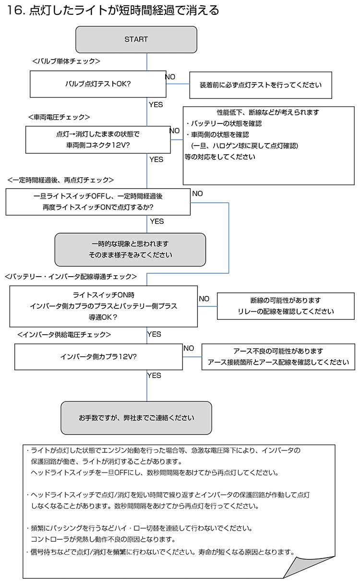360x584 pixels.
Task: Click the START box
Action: point(136,40)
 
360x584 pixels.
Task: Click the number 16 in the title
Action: point(14,11)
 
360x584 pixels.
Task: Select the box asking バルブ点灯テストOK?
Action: point(98,84)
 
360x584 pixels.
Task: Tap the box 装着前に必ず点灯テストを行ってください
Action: point(261,85)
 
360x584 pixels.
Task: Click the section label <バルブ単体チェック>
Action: point(66,61)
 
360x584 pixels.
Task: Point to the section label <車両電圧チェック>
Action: point(59,117)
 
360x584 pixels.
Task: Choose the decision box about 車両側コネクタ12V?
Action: point(98,140)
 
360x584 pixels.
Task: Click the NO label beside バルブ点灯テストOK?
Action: point(170,77)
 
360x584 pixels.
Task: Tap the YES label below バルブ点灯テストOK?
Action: point(156,105)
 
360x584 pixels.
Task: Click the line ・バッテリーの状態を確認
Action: point(224,123)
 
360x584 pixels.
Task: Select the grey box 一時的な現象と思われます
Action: point(130,250)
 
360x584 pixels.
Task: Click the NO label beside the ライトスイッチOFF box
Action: point(197,194)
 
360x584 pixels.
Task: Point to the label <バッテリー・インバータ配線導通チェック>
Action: point(71,277)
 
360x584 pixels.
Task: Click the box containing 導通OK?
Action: point(103,306)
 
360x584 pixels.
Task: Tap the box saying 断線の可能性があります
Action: point(286,306)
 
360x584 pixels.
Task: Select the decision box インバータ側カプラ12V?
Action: point(98,357)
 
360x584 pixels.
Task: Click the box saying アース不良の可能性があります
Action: point(278,357)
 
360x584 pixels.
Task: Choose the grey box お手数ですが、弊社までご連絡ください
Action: point(136,418)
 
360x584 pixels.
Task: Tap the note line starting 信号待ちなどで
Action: point(161,552)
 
